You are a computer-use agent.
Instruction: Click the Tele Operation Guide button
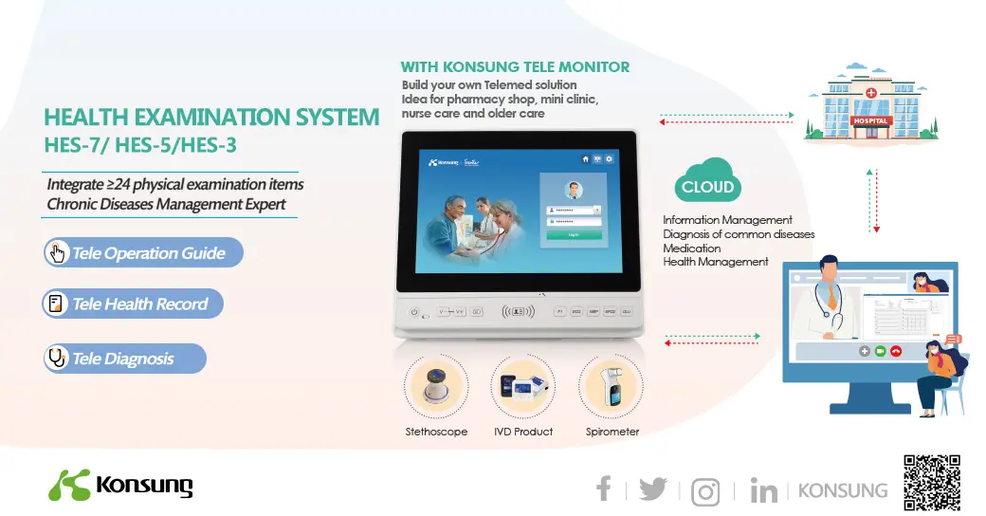pyautogui.click(x=143, y=252)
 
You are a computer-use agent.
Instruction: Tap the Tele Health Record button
pyautogui.click(x=134, y=304)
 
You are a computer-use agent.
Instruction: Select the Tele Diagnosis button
pyautogui.click(x=124, y=359)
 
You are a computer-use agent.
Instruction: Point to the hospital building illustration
pyautogui.click(x=869, y=106)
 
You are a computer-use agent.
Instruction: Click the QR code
pyautogui.click(x=932, y=483)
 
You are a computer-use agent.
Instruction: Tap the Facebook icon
pyautogui.click(x=603, y=489)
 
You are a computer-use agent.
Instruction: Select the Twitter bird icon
pyautogui.click(x=652, y=489)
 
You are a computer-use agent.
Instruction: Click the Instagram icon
pyautogui.click(x=705, y=491)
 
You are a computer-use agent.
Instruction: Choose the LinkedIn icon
pyautogui.click(x=763, y=490)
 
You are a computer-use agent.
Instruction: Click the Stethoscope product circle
pyautogui.click(x=436, y=387)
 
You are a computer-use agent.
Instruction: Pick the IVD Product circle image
pyautogui.click(x=522, y=387)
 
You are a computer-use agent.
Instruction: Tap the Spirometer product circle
pyautogui.click(x=611, y=387)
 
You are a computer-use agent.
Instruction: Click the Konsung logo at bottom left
pyautogui.click(x=120, y=486)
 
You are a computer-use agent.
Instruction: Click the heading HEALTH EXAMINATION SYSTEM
pyautogui.click(x=211, y=118)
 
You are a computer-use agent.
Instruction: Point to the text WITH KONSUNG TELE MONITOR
pyautogui.click(x=515, y=67)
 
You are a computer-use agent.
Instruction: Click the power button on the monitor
pyautogui.click(x=414, y=312)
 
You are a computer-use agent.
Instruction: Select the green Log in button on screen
pyautogui.click(x=573, y=233)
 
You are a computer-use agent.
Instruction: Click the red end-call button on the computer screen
pyautogui.click(x=896, y=351)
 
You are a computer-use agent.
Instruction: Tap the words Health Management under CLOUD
pyautogui.click(x=715, y=262)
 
